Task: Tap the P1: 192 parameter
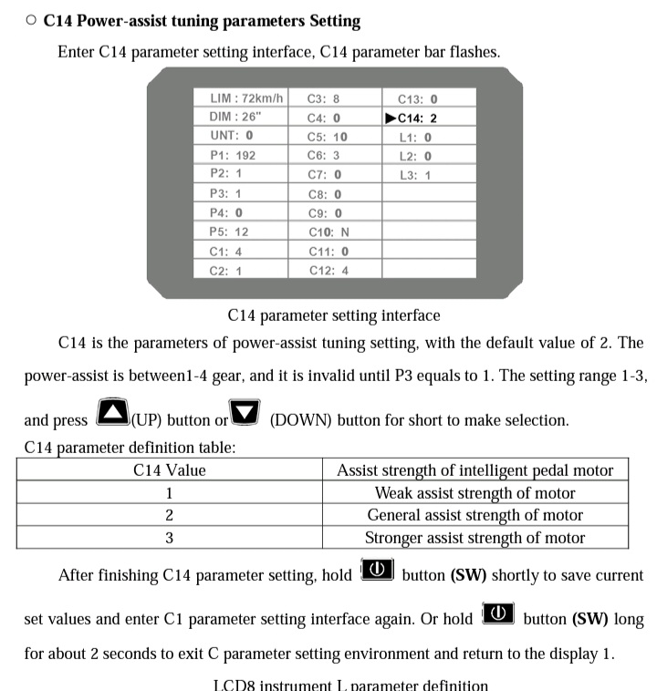point(233,155)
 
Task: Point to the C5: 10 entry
point(327,137)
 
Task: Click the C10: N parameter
point(328,232)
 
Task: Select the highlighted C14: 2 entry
point(417,118)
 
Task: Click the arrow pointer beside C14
point(391,118)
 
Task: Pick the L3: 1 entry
point(415,175)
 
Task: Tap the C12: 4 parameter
point(328,271)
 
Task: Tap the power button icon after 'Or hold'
point(497,614)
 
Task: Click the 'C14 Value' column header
point(170,470)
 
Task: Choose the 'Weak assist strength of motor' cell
point(474,493)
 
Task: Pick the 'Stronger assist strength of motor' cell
point(474,538)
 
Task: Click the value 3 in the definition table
point(170,538)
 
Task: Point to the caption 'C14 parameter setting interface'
point(334,315)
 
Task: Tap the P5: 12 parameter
point(228,232)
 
